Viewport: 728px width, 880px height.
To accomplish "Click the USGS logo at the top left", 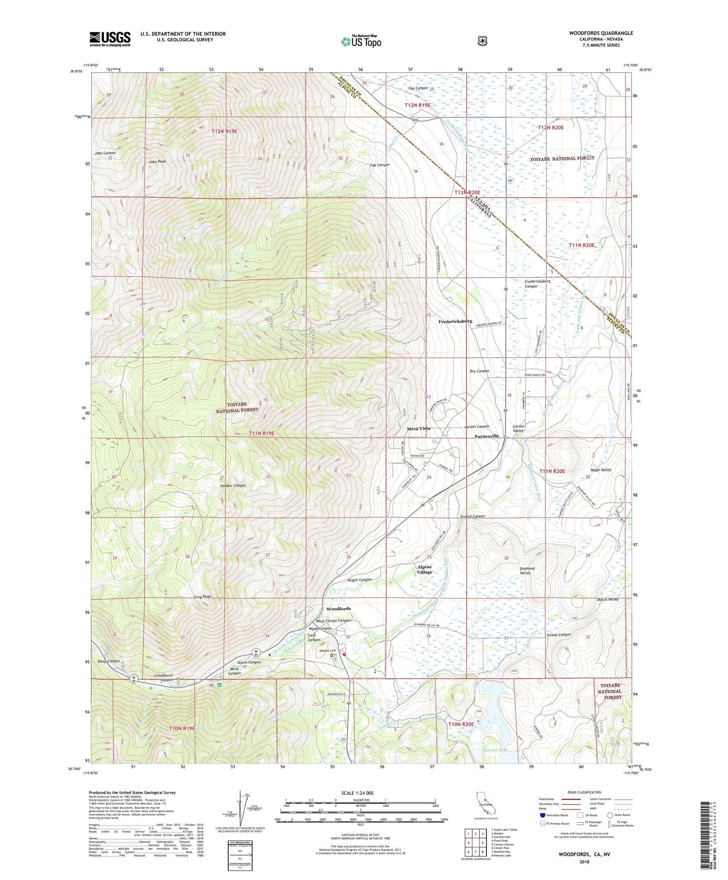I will point(110,39).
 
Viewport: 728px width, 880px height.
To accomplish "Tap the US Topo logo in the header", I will point(361,41).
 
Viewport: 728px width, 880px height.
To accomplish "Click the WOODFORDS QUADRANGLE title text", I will point(601,33).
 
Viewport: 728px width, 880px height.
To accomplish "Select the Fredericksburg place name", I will point(455,321).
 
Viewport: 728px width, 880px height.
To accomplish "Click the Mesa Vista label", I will point(418,429).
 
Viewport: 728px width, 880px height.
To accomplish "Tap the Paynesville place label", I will point(486,436).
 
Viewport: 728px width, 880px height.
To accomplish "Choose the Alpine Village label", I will point(425,569).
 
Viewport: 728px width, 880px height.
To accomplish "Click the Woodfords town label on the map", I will point(338,609).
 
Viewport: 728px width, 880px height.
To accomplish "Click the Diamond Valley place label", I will point(527,570).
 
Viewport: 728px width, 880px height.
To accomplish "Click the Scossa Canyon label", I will point(558,634).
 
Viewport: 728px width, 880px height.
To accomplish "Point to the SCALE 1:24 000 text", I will point(360,793).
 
